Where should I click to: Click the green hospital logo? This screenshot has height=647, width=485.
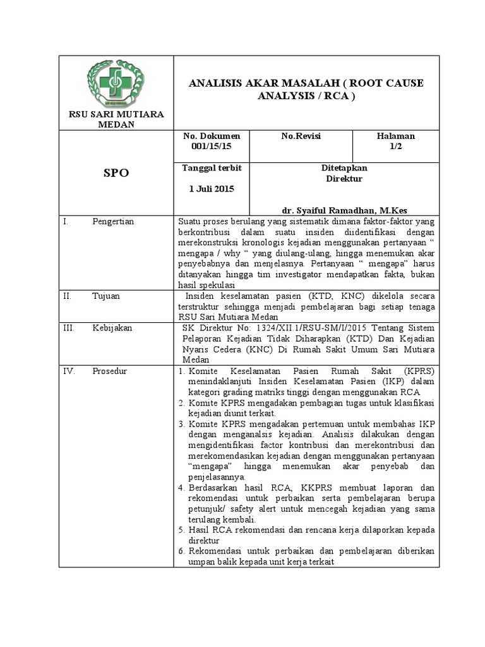pos(116,82)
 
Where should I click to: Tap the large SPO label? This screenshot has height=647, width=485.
pos(116,173)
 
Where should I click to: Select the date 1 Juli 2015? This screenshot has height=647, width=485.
pos(211,189)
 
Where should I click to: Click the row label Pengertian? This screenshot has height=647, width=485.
pos(117,222)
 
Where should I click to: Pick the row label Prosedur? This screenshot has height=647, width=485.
pos(110,371)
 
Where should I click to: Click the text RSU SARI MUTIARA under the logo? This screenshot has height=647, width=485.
pos(116,114)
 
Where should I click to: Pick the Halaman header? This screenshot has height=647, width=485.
pos(396,136)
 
